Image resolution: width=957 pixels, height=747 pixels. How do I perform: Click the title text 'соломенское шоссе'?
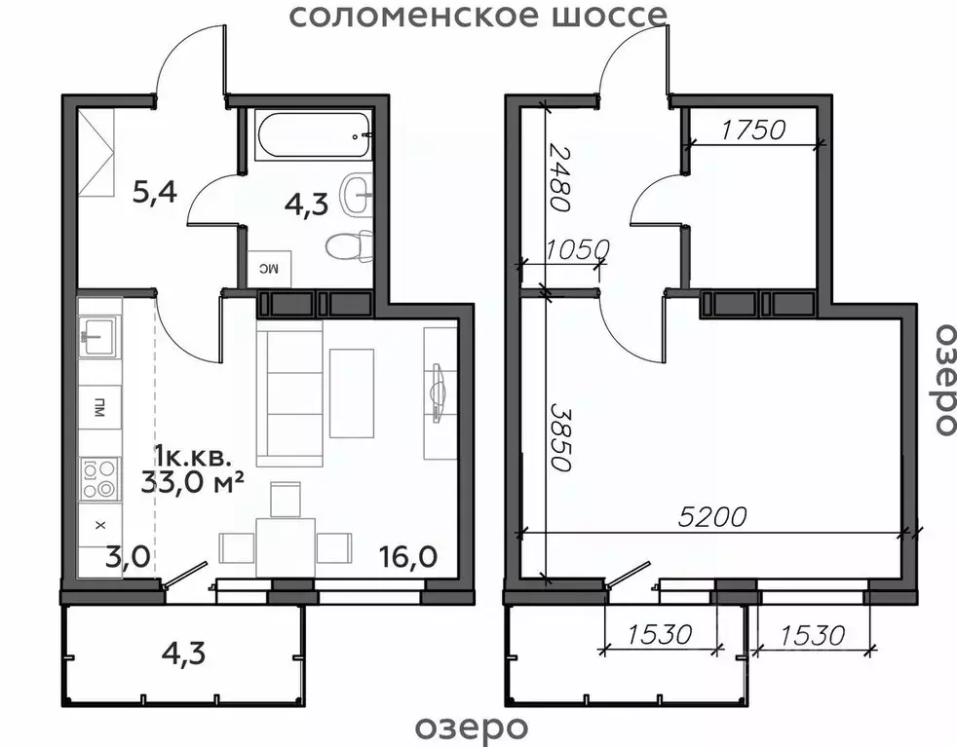[478, 16]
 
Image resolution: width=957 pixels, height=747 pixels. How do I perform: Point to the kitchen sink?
[99, 336]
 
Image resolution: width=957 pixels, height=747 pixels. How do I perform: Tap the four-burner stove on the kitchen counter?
[99, 477]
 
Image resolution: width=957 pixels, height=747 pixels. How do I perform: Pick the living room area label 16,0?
[407, 556]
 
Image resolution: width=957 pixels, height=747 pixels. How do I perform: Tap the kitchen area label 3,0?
[127, 556]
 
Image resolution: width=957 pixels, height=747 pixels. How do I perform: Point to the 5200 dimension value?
[713, 516]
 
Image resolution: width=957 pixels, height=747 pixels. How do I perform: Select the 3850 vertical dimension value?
[557, 437]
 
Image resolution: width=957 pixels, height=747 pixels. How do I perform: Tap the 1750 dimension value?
[752, 130]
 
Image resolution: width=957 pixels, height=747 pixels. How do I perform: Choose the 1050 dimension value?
[577, 249]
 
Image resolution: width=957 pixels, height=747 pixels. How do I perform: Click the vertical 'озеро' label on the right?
[942, 379]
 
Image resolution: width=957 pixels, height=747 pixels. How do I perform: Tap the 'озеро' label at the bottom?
[472, 727]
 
